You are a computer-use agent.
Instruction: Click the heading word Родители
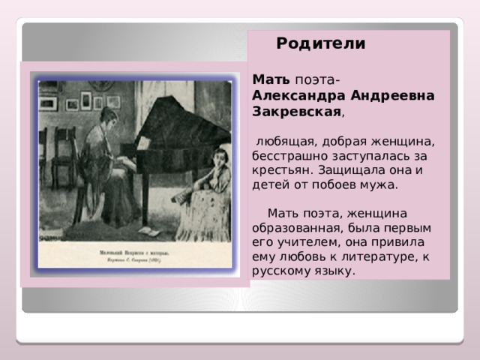321,43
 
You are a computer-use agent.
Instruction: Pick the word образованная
295,227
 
